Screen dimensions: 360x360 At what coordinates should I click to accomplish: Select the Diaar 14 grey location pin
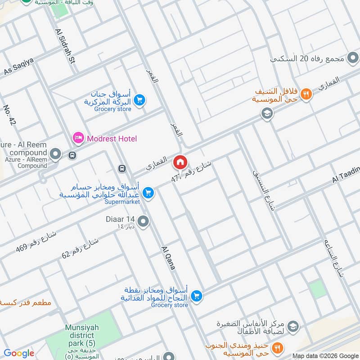144,221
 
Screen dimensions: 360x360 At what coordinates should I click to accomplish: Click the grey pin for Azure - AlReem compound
56,155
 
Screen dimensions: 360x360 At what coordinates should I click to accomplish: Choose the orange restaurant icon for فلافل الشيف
306,94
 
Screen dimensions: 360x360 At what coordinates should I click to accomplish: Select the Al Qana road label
168,257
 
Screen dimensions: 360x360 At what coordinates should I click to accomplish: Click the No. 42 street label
9,115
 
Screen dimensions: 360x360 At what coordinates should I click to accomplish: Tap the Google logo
19,353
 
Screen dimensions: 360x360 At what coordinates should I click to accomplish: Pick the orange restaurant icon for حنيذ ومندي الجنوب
278,348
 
